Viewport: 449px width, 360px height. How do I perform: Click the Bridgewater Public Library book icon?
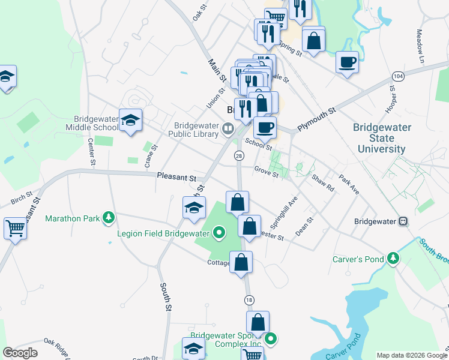228,127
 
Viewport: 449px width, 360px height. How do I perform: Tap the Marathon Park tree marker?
108,217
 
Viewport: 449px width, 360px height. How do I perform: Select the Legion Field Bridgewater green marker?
219,233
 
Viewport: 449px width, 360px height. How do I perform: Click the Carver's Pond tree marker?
393,259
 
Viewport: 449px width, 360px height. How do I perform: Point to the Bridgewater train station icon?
403,221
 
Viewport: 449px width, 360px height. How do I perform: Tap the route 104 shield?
397,76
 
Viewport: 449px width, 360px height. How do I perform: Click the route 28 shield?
239,156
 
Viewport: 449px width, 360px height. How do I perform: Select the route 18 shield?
249,299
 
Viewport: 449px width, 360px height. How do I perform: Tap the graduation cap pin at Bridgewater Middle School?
130,121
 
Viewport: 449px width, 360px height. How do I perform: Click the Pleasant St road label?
176,178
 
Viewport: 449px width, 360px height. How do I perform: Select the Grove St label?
266,172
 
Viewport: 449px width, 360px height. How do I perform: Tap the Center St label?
92,152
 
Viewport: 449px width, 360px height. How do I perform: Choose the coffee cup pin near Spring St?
346,62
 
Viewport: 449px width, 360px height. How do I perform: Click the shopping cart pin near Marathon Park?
15,228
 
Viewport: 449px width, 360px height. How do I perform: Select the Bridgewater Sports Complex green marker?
271,339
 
